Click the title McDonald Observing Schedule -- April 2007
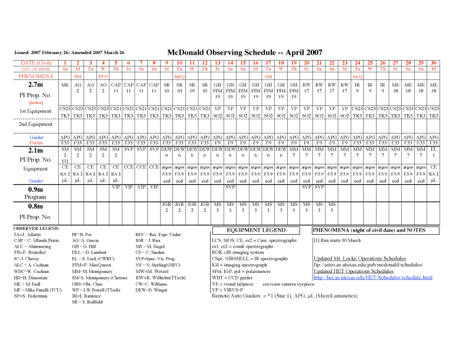pyautogui.click(x=244, y=52)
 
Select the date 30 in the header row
pyautogui.click(x=434, y=63)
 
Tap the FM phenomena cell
pyautogui.click(x=78, y=76)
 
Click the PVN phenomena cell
pyautogui.click(x=103, y=76)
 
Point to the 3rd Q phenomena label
pyautogui.click(x=179, y=76)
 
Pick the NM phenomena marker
pyautogui.click(x=268, y=76)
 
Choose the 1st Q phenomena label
pyautogui.click(x=357, y=76)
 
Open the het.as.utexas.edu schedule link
pyautogui.click(x=373, y=277)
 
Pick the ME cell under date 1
pyautogui.click(x=65, y=85)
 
